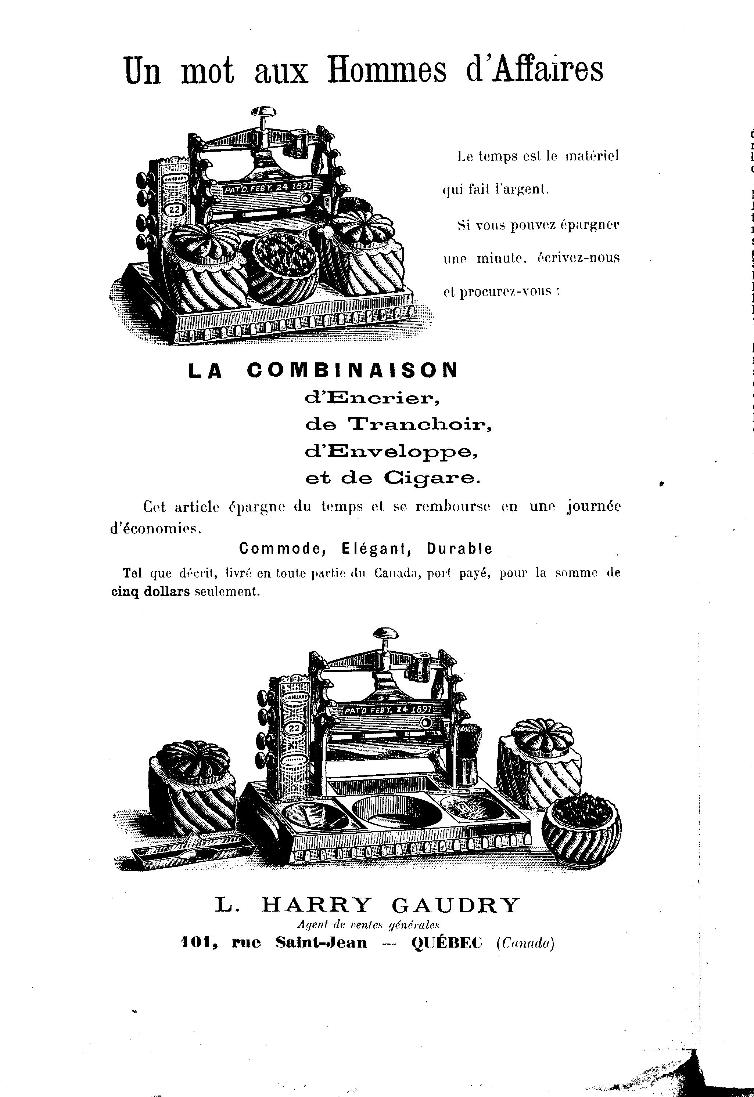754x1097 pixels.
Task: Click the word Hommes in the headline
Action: click(387, 71)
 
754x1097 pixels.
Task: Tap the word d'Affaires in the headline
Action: click(535, 71)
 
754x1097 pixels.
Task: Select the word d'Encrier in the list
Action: click(373, 399)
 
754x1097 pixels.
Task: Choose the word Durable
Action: click(459, 548)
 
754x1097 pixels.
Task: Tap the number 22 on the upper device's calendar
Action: click(174, 210)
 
